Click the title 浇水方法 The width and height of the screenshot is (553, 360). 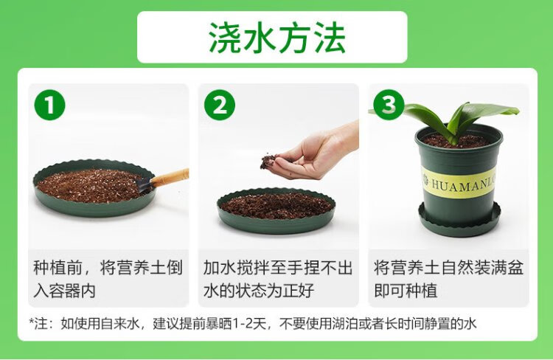276,38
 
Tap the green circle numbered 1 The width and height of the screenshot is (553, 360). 49,105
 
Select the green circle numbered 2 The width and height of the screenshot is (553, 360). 220,105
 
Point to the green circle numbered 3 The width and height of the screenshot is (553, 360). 389,105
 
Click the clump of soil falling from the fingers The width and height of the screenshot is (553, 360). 268,162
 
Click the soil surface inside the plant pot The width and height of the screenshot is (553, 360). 456,141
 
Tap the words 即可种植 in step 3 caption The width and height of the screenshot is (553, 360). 406,291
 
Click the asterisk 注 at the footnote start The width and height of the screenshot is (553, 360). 40,324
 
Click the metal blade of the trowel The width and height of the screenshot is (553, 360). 143,185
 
